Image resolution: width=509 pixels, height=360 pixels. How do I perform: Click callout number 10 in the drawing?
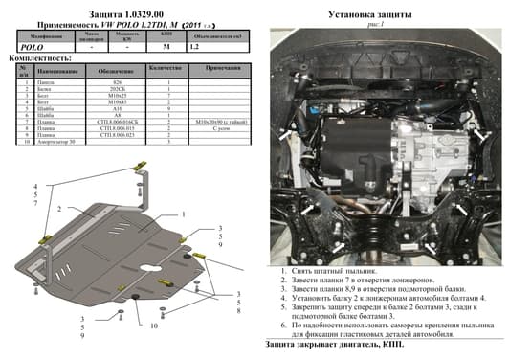pos(152,326)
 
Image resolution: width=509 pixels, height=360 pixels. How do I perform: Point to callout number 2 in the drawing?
pos(58,208)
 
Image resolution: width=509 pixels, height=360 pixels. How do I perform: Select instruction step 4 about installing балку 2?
pos(383,297)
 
